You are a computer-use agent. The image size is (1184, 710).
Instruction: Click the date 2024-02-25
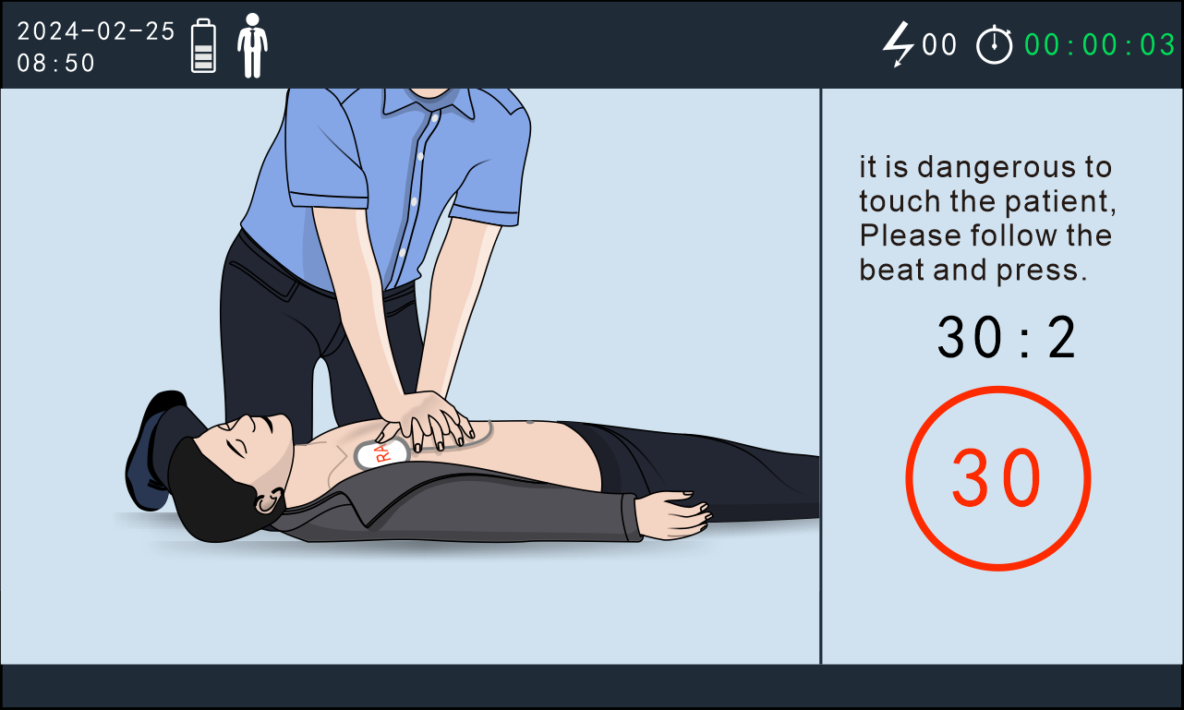tap(96, 31)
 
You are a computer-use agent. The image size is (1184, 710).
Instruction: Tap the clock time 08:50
tap(55, 64)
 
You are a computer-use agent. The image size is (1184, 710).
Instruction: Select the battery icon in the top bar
tap(203, 45)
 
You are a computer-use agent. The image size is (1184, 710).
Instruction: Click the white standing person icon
tap(253, 45)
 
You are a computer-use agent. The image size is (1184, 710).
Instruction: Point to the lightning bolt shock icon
tap(899, 44)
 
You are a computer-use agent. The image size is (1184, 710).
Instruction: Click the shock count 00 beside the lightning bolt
tap(939, 44)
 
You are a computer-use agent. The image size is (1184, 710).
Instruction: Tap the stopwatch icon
tap(995, 45)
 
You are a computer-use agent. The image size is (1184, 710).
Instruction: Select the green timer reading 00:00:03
tap(1100, 45)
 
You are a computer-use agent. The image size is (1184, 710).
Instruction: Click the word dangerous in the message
tap(996, 168)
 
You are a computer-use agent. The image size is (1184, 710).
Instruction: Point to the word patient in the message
tap(1059, 202)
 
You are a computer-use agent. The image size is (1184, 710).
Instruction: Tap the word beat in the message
tap(892, 270)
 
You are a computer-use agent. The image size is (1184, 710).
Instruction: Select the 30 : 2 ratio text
tap(1007, 337)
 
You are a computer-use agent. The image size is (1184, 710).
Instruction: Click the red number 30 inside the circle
tap(997, 477)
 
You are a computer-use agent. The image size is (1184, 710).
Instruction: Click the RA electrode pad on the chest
tap(381, 453)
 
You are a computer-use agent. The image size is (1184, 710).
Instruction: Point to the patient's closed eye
tap(236, 447)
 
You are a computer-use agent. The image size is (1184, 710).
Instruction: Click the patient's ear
tap(269, 499)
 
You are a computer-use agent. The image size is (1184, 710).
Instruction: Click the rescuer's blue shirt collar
tap(429, 103)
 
